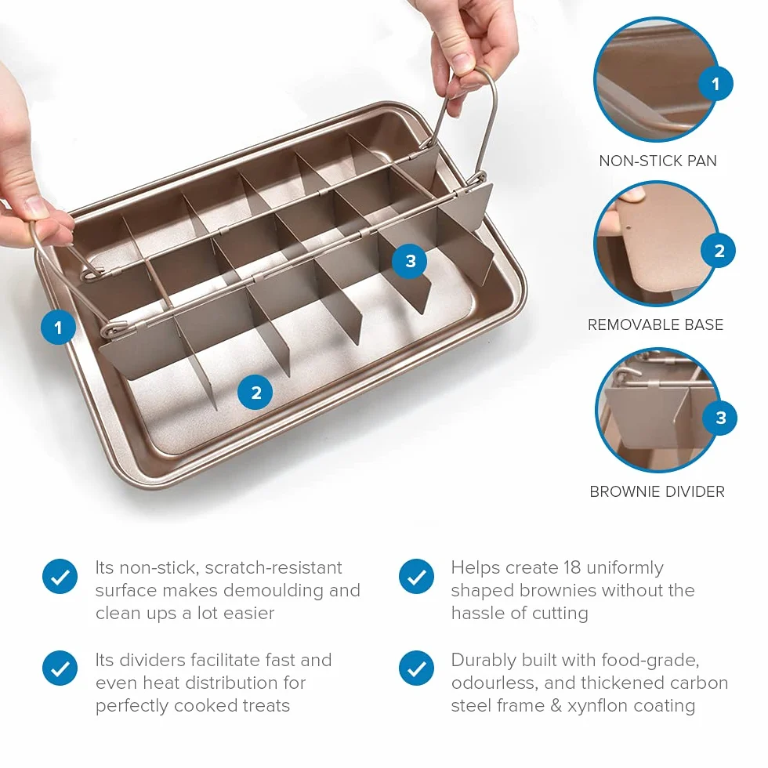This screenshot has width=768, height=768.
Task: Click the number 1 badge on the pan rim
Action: coord(58,328)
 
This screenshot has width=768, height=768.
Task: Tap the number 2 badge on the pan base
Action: coord(255,393)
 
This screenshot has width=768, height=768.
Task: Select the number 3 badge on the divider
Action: coord(410,261)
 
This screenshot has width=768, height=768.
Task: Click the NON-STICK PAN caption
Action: coord(658,161)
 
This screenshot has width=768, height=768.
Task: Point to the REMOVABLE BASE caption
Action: coord(655,324)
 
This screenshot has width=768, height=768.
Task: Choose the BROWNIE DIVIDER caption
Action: coord(657,491)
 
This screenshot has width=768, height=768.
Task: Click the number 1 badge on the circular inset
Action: coord(715,84)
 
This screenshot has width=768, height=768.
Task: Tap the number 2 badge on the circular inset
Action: coord(719,251)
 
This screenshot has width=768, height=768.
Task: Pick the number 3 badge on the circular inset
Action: coord(720,418)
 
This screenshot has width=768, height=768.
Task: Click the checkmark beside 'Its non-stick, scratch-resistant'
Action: coord(60,577)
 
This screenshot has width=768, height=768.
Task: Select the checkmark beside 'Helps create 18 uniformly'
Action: coord(416,577)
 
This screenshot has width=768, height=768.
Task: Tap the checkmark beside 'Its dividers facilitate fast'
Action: coord(60,668)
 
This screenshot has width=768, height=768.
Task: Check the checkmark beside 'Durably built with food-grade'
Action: coord(416,668)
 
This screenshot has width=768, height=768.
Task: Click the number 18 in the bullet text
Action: coord(571,567)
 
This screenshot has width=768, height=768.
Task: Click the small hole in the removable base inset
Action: coord(629,227)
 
